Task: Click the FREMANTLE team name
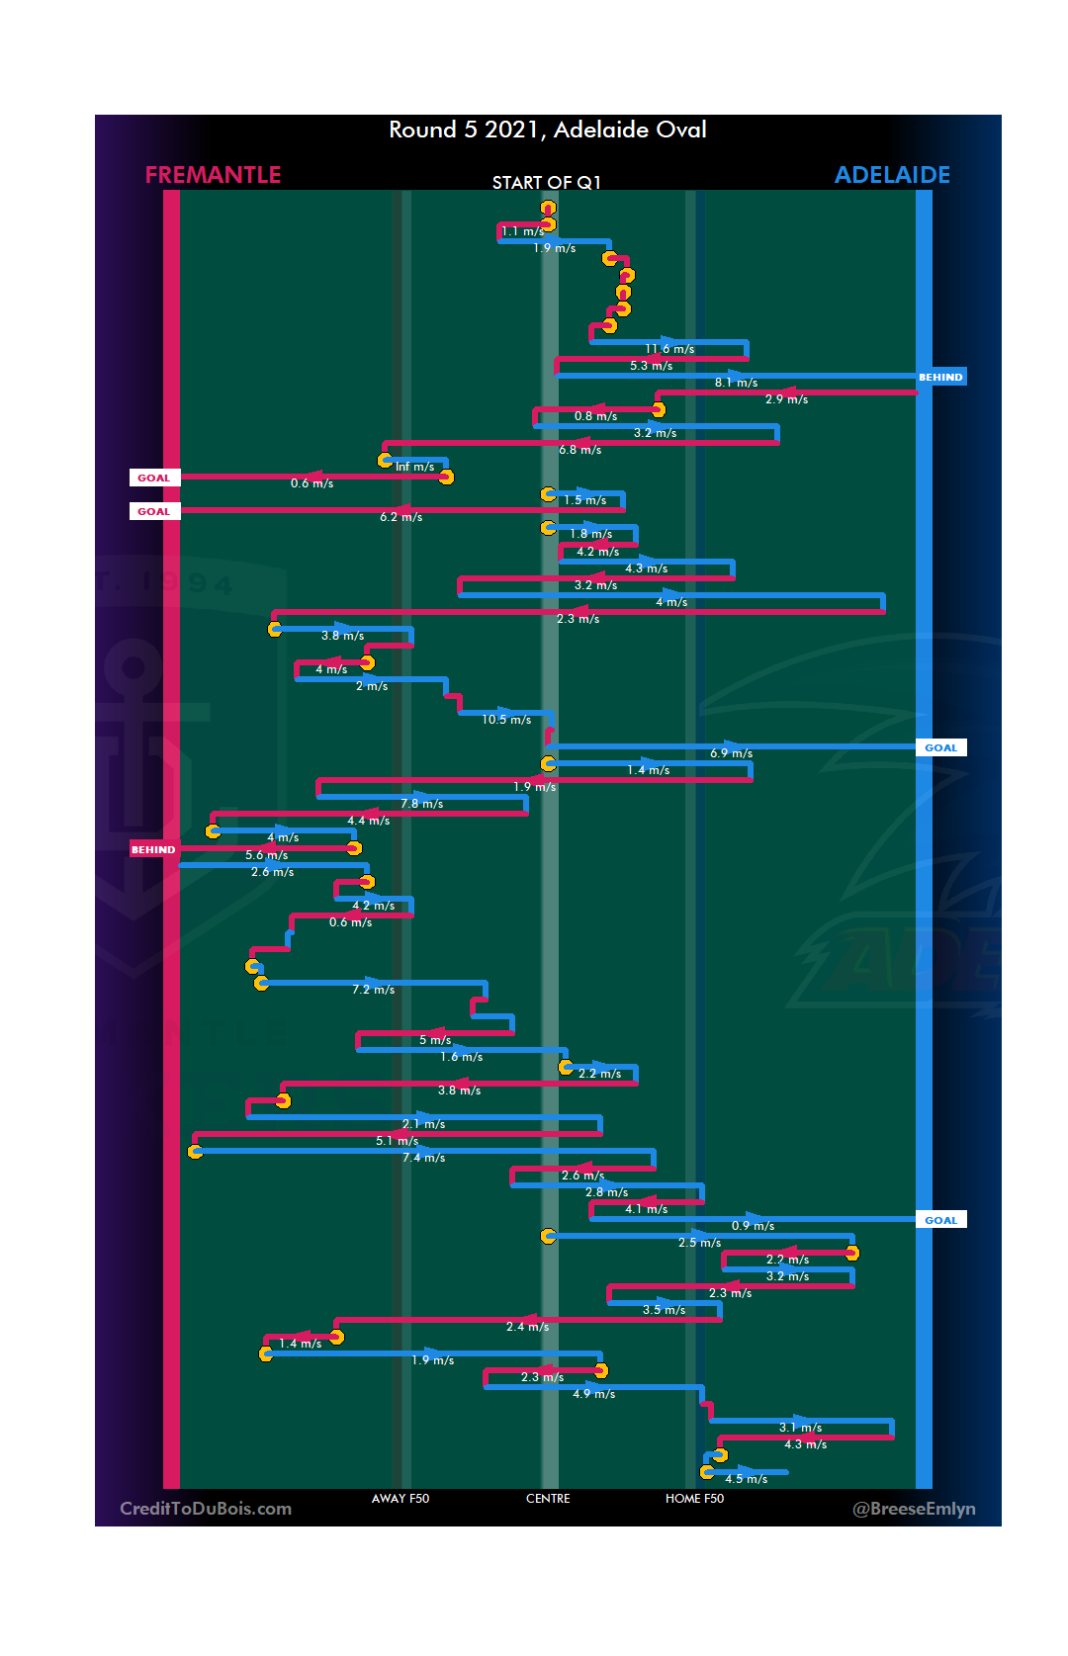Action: [213, 175]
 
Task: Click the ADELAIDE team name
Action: [892, 175]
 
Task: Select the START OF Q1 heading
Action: [546, 183]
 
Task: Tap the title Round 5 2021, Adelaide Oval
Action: [547, 130]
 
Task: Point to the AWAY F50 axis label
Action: [400, 1499]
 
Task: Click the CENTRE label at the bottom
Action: [548, 1499]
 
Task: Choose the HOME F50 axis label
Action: [694, 1499]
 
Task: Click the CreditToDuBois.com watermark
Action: [206, 1509]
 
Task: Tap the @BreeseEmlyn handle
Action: [914, 1509]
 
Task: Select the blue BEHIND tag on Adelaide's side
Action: [940, 377]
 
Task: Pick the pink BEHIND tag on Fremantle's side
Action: [153, 849]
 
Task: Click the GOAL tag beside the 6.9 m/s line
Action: [940, 747]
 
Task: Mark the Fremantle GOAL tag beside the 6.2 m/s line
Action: [153, 511]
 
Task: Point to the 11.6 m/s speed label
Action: [669, 349]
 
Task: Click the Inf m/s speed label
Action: [414, 467]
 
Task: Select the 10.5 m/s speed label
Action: [506, 720]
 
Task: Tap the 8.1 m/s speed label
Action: [736, 383]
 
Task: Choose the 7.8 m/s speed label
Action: [421, 804]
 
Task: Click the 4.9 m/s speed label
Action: [593, 1394]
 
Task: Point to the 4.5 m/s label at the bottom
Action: [746, 1479]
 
